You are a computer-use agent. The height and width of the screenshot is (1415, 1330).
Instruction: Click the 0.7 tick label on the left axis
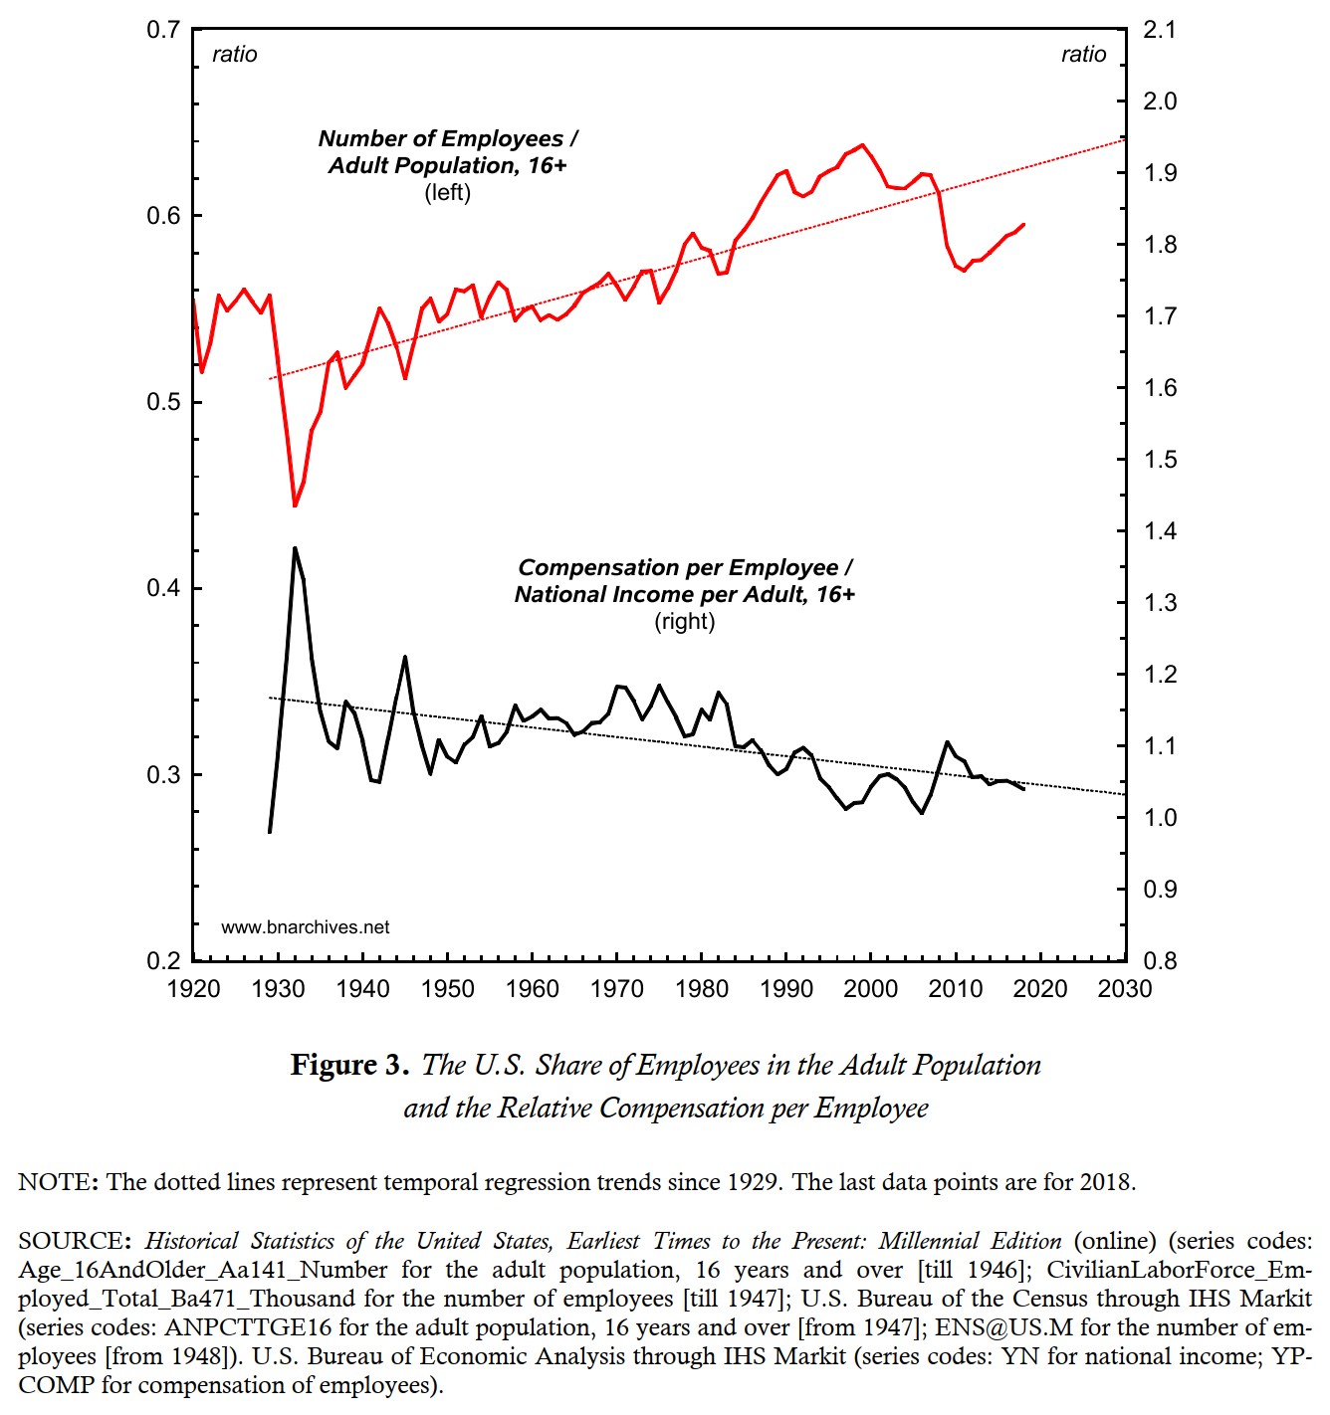(163, 30)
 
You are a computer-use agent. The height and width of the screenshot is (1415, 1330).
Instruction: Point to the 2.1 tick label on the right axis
(1160, 30)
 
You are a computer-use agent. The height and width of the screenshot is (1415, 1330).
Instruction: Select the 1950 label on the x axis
(448, 989)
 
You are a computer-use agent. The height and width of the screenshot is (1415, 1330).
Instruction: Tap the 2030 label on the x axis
(1125, 989)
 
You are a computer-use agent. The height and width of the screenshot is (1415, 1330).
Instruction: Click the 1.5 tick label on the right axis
(1160, 460)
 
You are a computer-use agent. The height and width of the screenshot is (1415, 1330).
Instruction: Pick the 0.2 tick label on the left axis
(163, 961)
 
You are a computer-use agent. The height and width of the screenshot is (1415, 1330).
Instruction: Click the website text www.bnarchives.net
(306, 927)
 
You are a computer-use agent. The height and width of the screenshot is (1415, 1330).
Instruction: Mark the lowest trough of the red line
(295, 505)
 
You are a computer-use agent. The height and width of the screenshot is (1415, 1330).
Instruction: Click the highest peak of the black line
(295, 548)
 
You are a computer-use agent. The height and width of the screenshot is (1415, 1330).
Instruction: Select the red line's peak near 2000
(862, 145)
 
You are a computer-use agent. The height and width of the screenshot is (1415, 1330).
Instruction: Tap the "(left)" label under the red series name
(448, 193)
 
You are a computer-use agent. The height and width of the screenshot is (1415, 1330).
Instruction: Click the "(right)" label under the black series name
(685, 622)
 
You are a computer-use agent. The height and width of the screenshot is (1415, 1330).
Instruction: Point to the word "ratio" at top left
(235, 55)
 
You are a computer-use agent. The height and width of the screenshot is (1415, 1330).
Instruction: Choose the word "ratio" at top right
(1083, 55)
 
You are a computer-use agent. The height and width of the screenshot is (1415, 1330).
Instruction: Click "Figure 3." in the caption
(349, 1066)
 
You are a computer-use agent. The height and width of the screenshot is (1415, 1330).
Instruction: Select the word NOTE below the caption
(55, 1182)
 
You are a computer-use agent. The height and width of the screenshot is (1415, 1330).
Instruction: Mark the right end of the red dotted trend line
(1124, 140)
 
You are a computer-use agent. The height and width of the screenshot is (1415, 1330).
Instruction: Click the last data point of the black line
(1023, 789)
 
